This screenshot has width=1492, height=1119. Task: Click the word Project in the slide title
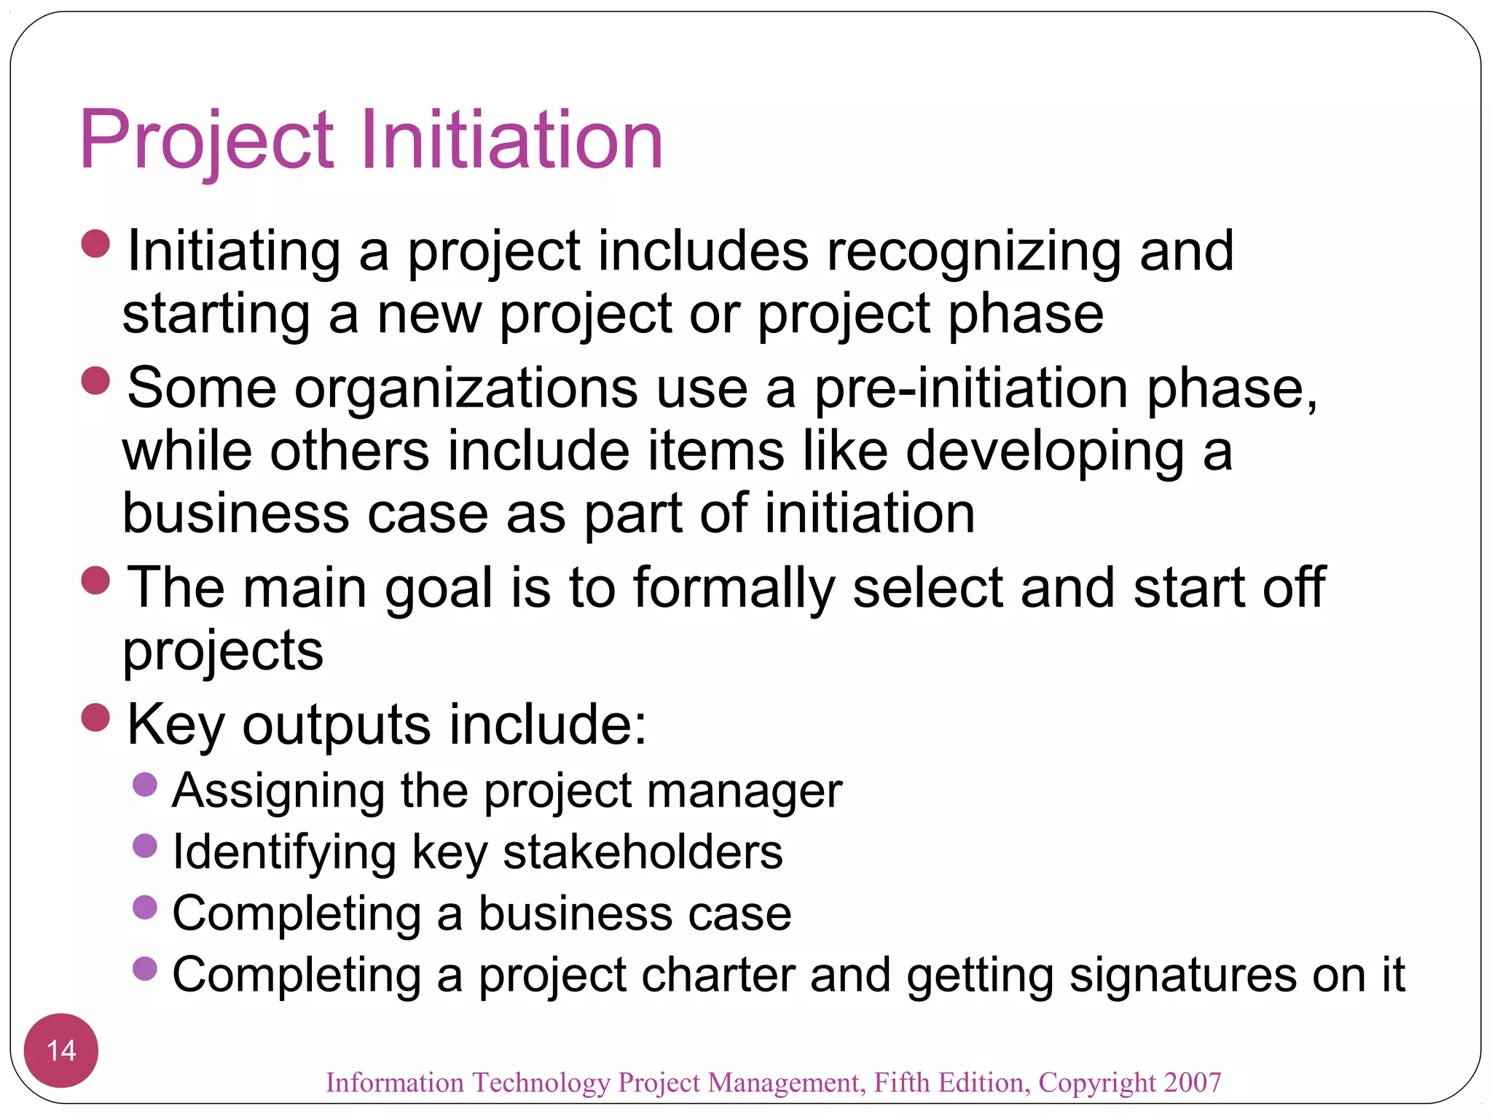[x=206, y=141]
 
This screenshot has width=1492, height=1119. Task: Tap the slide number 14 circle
[x=61, y=1050]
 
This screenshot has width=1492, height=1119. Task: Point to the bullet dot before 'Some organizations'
[x=95, y=380]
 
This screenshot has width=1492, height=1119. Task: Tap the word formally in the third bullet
[x=734, y=589]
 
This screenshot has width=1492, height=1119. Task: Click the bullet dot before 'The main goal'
[x=95, y=581]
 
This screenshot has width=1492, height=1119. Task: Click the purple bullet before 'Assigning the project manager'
[x=146, y=785]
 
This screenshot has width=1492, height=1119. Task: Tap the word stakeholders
[x=643, y=852]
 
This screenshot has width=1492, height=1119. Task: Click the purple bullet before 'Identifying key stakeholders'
[x=146, y=846]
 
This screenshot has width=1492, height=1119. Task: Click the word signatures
[x=1182, y=975]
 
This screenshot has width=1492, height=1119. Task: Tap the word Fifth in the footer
[x=901, y=1083]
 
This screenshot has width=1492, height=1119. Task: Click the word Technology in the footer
[x=541, y=1083]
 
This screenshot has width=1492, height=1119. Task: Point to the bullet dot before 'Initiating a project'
[x=95, y=244]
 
